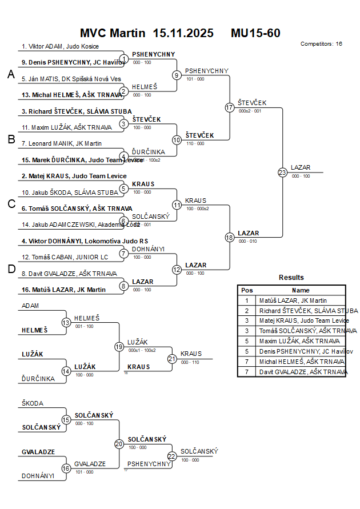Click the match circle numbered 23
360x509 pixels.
282,173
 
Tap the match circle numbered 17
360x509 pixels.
230,107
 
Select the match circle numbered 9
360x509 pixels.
177,75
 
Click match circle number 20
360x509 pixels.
119,443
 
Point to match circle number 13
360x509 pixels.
66,322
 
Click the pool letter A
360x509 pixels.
11,74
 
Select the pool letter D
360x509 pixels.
11,269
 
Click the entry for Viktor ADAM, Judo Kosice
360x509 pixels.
60,46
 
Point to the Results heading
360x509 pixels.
291,278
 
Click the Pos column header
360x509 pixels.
247,290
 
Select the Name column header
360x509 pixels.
301,290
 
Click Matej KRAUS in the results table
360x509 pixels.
304,320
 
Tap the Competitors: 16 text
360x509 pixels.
321,44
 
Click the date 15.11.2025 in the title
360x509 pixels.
183,33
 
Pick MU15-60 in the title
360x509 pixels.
255,33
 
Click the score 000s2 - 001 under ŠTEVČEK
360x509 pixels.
250,111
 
